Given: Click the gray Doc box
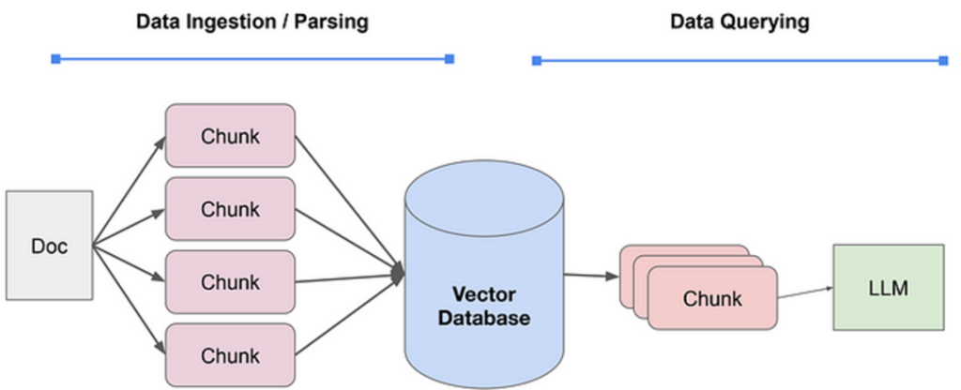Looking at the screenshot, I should [x=49, y=245].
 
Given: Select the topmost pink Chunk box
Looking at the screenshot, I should [x=230, y=136].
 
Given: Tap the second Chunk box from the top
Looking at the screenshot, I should [x=230, y=208].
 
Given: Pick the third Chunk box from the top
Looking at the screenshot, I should [x=230, y=281].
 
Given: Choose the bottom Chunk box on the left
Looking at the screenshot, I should [x=230, y=354].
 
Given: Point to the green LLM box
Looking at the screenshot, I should [x=888, y=287].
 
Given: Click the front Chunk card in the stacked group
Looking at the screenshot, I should [x=712, y=299].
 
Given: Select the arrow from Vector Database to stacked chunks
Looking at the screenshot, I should [x=590, y=276].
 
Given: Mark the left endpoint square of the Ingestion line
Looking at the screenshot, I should [x=55, y=59].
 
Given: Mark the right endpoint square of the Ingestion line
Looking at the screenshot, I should [x=450, y=59].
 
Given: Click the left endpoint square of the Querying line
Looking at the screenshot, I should [x=537, y=61].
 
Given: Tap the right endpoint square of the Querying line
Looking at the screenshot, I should [x=943, y=61].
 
